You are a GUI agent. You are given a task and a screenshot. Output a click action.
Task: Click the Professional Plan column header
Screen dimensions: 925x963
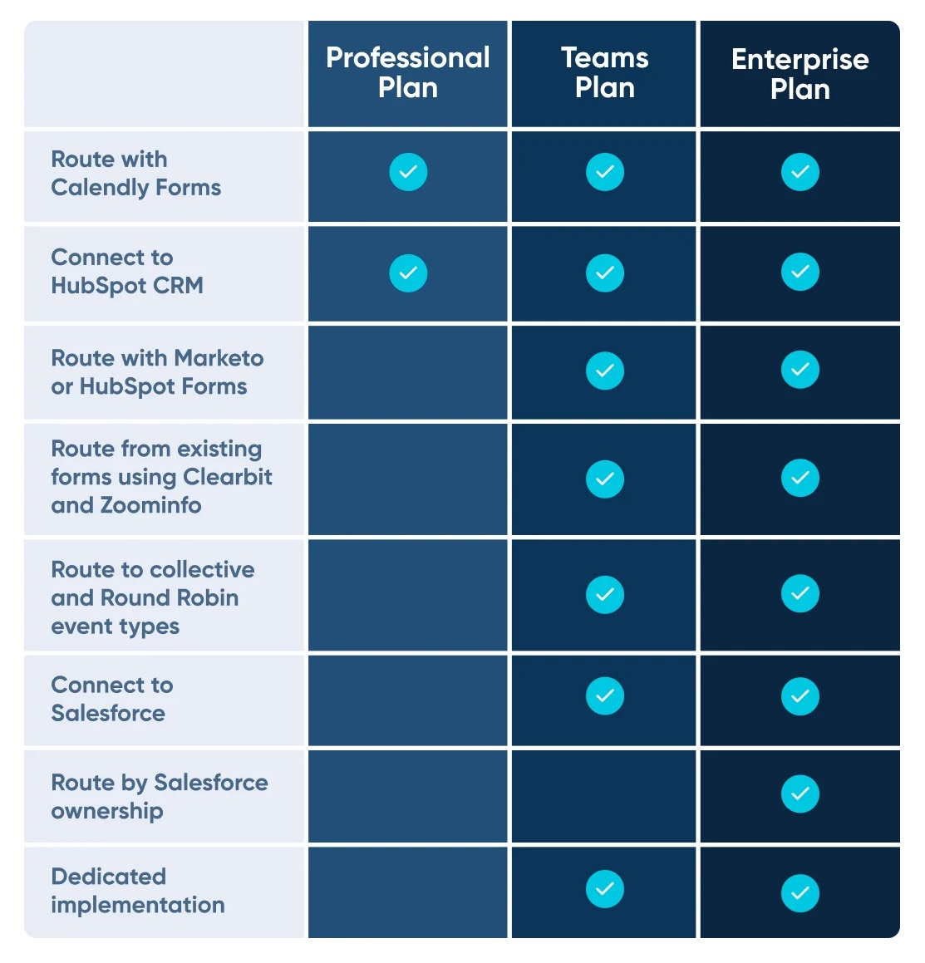(x=408, y=72)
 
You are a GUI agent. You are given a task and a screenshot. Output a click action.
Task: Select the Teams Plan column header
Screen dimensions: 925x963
(x=605, y=72)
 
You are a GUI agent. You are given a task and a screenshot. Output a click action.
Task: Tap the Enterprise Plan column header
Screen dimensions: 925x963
(x=800, y=74)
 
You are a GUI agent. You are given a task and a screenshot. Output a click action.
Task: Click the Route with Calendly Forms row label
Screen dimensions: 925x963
(x=135, y=173)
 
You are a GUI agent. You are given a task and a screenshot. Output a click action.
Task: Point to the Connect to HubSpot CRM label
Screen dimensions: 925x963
(x=127, y=272)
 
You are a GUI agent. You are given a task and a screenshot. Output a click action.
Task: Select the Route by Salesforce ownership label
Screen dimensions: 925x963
(x=160, y=797)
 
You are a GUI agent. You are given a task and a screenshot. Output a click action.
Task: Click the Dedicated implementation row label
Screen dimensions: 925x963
(x=138, y=891)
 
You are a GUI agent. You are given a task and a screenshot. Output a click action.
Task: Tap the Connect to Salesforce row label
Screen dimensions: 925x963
(x=112, y=699)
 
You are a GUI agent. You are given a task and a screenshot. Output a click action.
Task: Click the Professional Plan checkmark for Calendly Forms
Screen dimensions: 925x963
(x=408, y=172)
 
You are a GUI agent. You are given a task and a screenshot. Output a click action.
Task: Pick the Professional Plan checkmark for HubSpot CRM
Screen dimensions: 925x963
(x=408, y=273)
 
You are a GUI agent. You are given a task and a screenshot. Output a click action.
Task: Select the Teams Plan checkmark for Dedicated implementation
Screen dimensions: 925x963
(x=605, y=889)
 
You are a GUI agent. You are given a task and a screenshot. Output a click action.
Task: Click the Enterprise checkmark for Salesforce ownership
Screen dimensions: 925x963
(x=800, y=794)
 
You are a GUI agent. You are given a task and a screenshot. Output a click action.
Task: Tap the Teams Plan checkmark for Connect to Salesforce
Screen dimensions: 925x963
(x=605, y=695)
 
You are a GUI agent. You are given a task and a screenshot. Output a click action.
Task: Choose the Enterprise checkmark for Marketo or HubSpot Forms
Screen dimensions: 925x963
(x=800, y=370)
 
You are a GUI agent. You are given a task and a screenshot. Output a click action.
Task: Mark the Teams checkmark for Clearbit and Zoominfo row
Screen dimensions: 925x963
(x=605, y=479)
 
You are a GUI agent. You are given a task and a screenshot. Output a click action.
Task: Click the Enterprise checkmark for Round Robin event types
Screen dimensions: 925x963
(x=800, y=593)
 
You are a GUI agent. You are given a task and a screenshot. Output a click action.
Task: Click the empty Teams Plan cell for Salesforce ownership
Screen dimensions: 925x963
(x=603, y=797)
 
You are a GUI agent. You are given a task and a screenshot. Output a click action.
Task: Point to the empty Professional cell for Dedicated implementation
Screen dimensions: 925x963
(x=408, y=892)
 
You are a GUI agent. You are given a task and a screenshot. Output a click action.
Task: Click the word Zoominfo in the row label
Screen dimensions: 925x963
(x=151, y=505)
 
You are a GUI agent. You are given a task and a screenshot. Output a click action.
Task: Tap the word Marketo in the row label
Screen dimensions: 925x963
(x=219, y=358)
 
